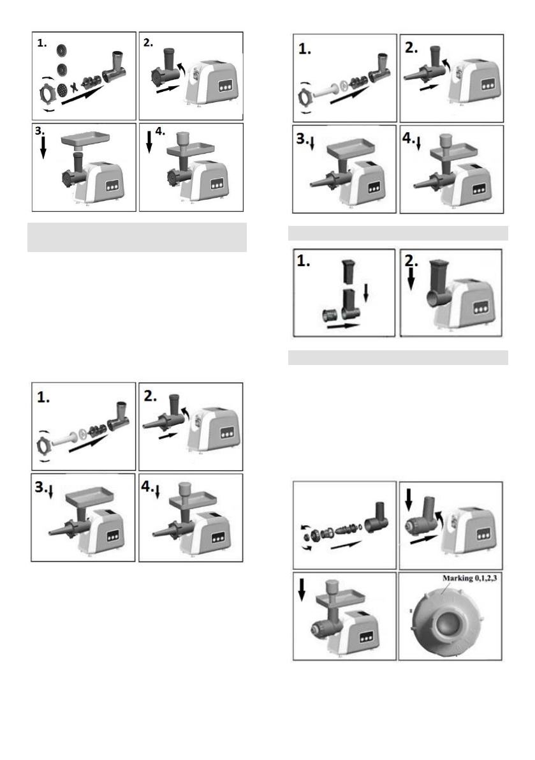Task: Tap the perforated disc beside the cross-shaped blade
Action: point(61,90)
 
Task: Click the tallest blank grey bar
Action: point(136,237)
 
